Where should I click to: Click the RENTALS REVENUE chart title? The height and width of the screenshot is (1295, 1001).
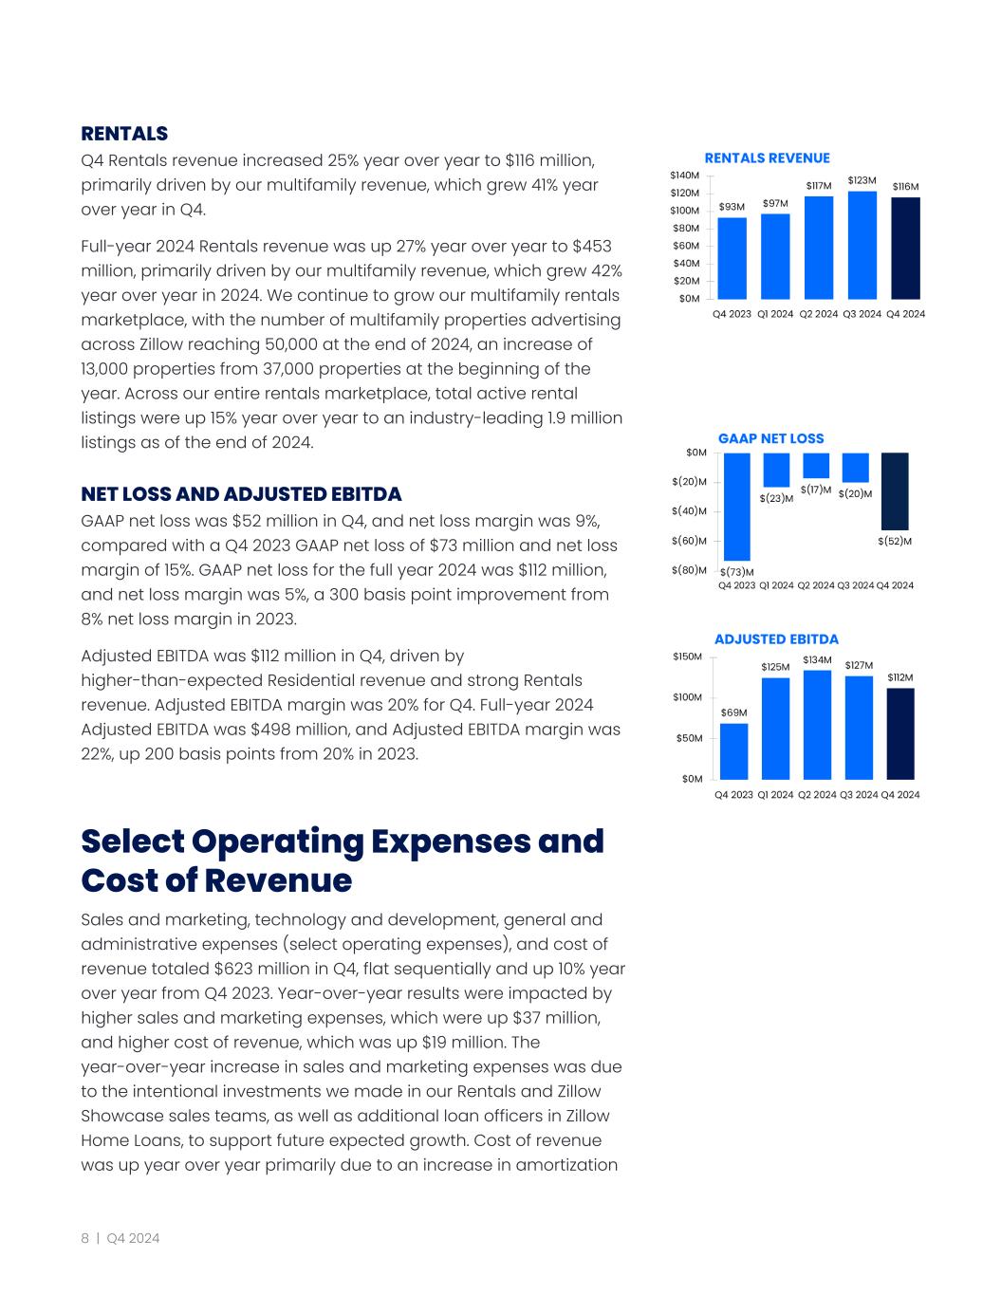coord(767,158)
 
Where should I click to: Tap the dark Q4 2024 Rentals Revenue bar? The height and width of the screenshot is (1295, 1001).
coord(905,248)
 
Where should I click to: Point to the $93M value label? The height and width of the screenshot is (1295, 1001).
coord(732,206)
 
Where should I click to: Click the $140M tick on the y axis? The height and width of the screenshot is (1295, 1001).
coord(684,176)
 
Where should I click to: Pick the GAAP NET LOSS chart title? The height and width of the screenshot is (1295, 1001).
coord(770,438)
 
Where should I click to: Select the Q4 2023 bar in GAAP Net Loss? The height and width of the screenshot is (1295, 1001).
coord(736,507)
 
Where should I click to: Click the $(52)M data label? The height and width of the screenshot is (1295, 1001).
coord(895,541)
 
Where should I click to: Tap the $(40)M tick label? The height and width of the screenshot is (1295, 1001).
coord(689,511)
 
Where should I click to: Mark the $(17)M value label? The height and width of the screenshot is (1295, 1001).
coord(816,490)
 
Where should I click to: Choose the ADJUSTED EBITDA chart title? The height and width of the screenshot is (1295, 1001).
coord(776,639)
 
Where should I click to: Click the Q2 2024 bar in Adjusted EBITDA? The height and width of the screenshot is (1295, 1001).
coord(817,725)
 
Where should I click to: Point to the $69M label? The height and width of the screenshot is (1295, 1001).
coord(733,712)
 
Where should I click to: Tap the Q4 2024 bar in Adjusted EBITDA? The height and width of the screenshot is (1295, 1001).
coord(900,733)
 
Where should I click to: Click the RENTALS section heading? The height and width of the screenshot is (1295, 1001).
coord(124,134)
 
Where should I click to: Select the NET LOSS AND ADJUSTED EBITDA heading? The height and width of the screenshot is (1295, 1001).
coord(241,494)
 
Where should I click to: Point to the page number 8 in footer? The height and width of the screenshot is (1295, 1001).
coord(84,1238)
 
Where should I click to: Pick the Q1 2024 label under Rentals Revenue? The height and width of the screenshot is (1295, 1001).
coord(775,314)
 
